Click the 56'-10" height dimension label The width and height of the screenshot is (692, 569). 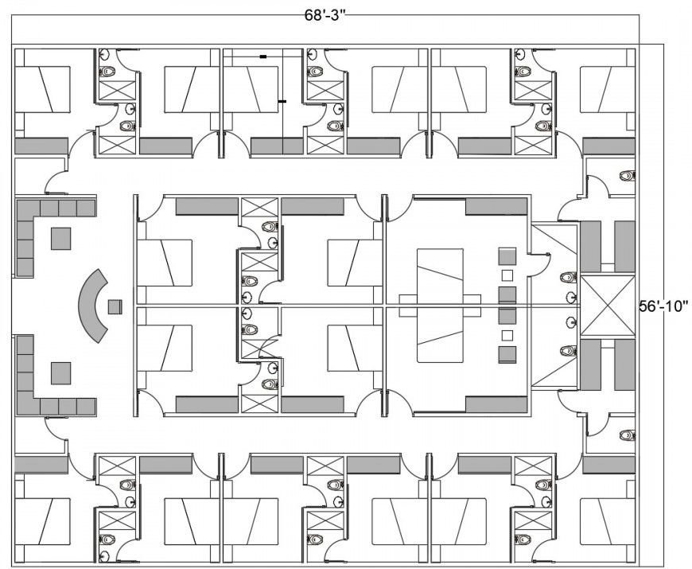point(664,304)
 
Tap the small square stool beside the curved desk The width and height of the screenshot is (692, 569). point(115,306)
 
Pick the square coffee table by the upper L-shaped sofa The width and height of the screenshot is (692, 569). point(61,238)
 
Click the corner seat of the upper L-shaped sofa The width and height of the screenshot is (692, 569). point(25,209)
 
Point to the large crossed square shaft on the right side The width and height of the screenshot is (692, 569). point(607,305)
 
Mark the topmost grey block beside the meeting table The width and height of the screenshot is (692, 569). point(507,256)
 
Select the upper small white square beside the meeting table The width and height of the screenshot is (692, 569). point(507,276)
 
